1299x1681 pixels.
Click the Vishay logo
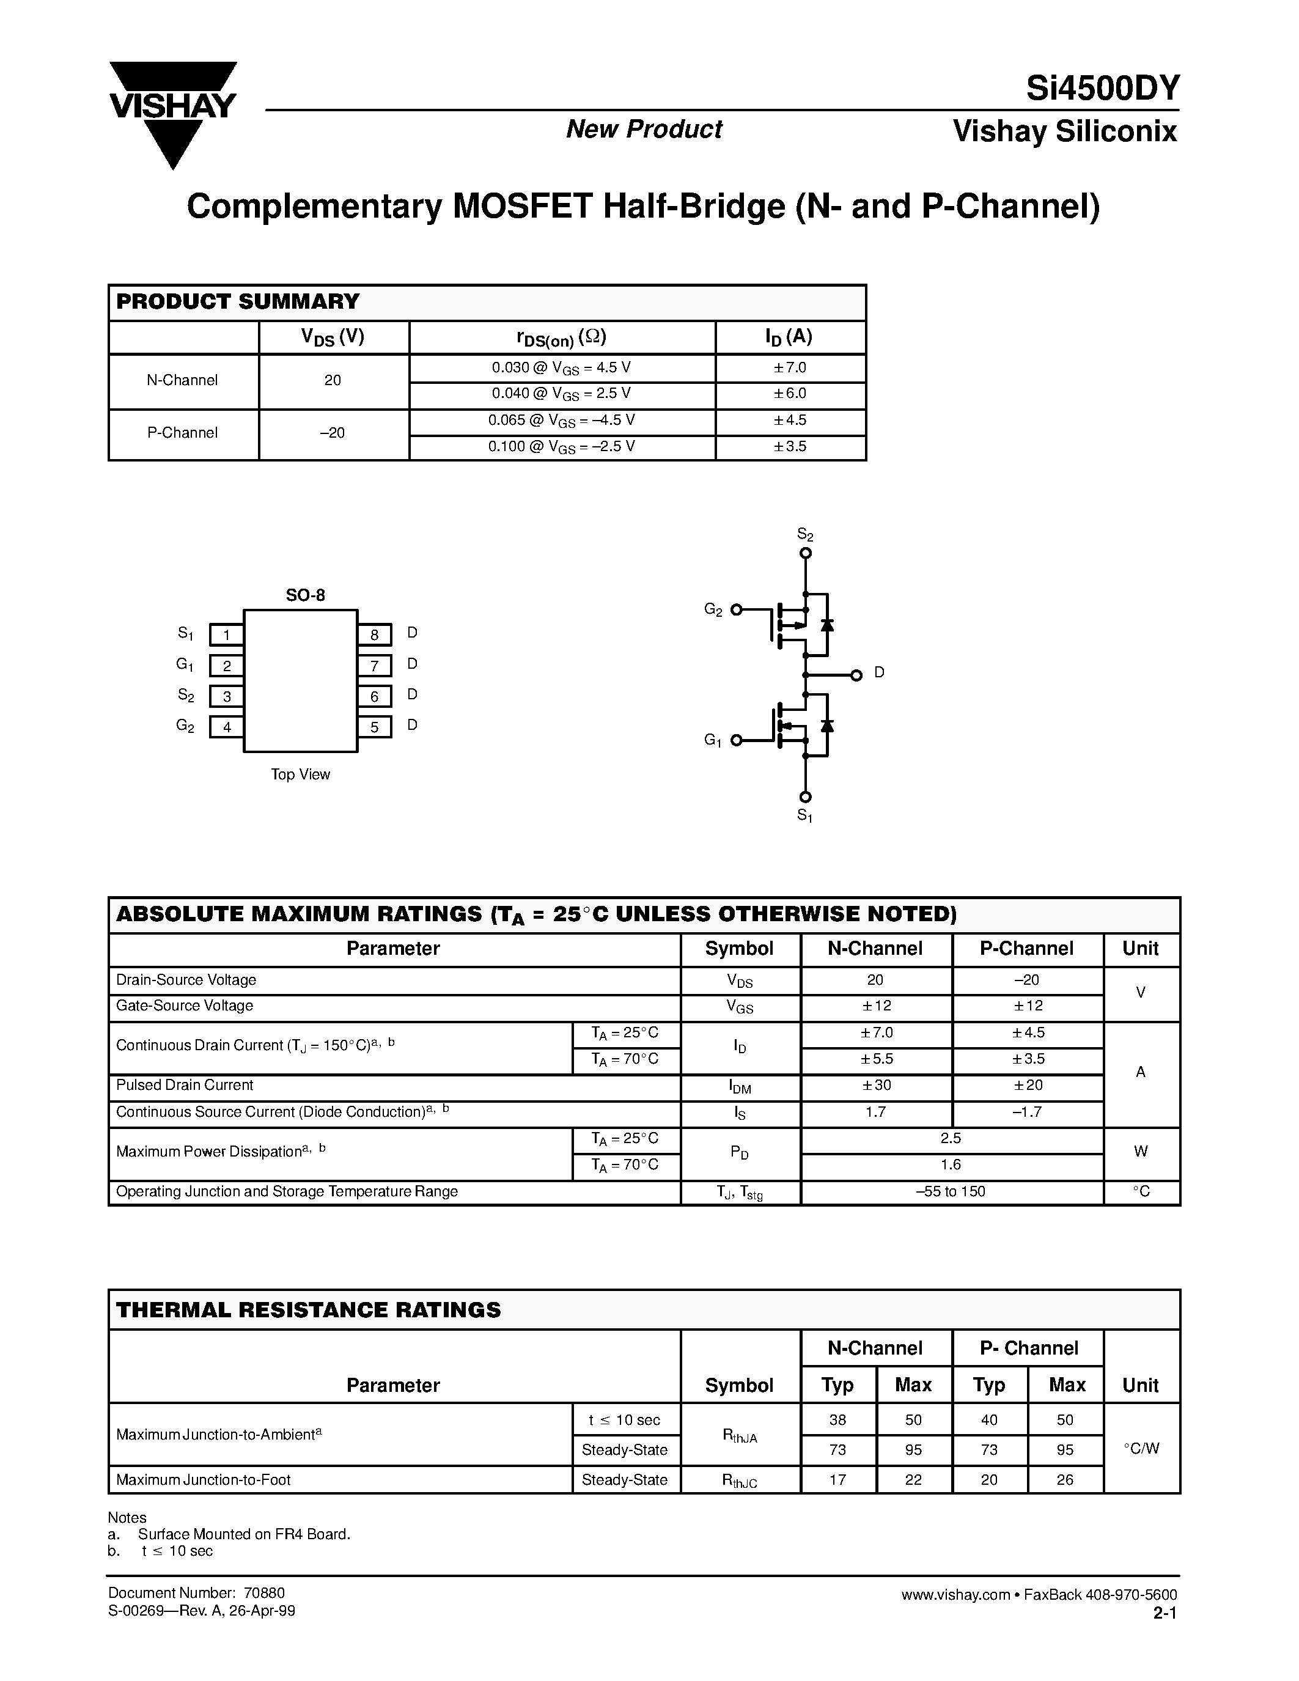pos(172,113)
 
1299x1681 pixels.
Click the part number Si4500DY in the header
pos(1102,89)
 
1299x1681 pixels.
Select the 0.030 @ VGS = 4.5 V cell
pos(562,368)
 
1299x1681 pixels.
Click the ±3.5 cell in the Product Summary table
pos(790,446)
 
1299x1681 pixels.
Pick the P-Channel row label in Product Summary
pos(182,433)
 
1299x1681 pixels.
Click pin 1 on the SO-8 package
pos(226,635)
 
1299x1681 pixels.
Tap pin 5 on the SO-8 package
pos(375,727)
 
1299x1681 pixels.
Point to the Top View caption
pos(300,774)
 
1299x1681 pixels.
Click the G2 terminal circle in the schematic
pos(737,609)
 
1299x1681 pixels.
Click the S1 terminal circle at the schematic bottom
pos(806,796)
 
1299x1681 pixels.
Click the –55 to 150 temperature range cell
pos(951,1191)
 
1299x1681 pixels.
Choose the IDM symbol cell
pos(740,1086)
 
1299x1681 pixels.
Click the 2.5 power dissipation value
pos(951,1138)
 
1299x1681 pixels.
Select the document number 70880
pos(264,1593)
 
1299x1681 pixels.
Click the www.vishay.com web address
pos(955,1595)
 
